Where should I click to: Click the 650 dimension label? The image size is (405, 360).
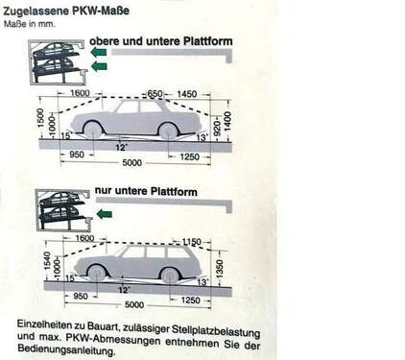coord(155,94)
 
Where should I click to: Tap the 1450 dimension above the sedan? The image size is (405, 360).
coord(187,94)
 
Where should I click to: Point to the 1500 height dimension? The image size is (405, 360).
coord(40,117)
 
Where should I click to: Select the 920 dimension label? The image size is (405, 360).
coord(217,128)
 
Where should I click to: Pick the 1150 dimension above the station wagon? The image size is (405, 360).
coord(192,242)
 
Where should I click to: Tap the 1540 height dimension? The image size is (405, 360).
coord(46,260)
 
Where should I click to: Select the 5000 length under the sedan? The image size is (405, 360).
coord(131,163)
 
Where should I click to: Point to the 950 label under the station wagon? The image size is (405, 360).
coord(81,297)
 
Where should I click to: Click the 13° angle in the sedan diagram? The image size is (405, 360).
coord(202,138)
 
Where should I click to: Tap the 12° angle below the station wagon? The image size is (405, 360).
coord(123,290)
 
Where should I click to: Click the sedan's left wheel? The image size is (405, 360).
coord(93,131)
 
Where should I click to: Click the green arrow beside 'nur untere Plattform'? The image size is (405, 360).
coord(105,214)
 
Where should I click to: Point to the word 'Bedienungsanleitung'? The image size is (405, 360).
coord(66,350)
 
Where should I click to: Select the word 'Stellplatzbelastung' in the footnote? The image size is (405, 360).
coord(216,331)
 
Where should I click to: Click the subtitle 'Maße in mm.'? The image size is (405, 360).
coord(29,24)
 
